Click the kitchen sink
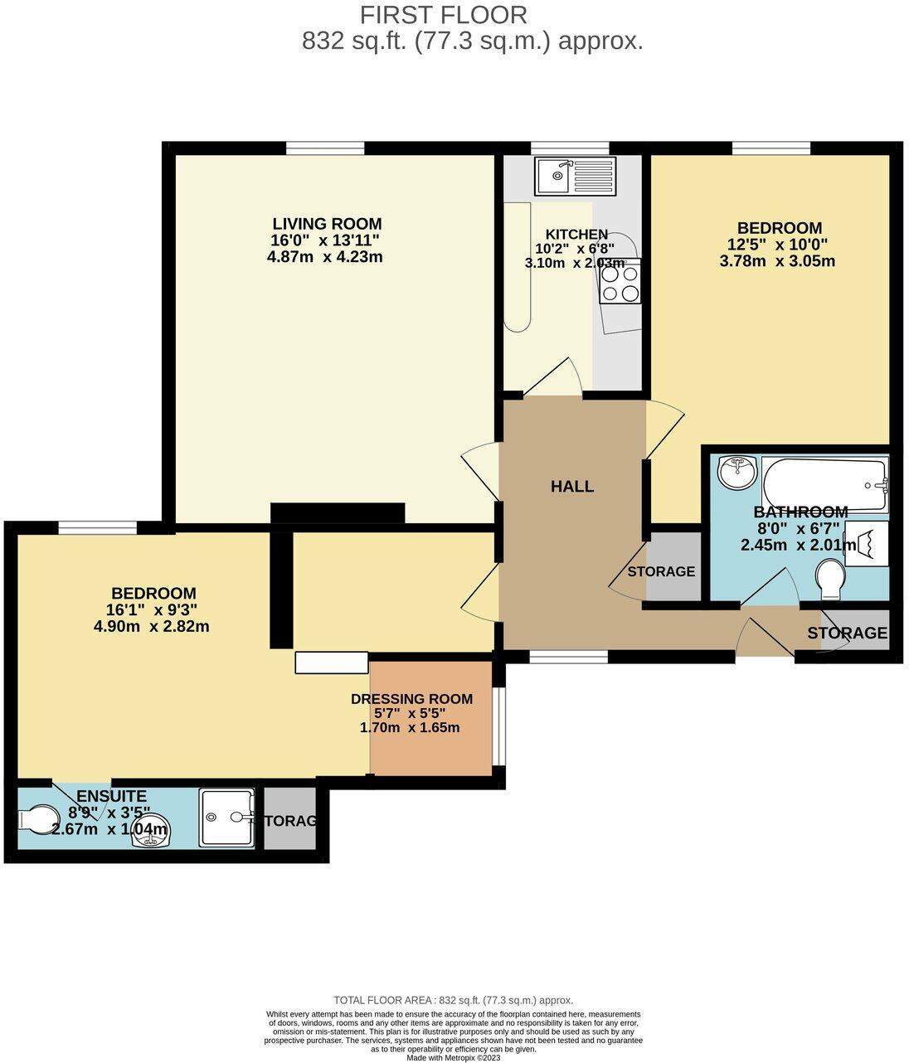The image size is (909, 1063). (x=574, y=176)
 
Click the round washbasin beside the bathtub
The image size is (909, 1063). (x=736, y=472)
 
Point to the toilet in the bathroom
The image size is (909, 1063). (x=829, y=579)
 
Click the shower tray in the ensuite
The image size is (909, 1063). (x=226, y=818)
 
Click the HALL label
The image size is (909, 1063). (x=572, y=487)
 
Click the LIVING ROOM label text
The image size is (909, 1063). (x=327, y=224)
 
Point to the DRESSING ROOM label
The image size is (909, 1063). (x=411, y=699)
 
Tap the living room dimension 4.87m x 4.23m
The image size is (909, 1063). (x=324, y=257)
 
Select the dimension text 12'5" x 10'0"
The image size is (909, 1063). (x=780, y=245)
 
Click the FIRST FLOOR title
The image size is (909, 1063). (x=443, y=15)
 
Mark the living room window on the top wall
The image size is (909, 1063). (x=325, y=148)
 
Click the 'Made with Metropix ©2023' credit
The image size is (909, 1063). (x=454, y=1057)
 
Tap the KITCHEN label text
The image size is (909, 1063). (x=576, y=235)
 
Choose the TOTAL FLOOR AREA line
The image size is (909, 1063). (x=453, y=1000)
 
